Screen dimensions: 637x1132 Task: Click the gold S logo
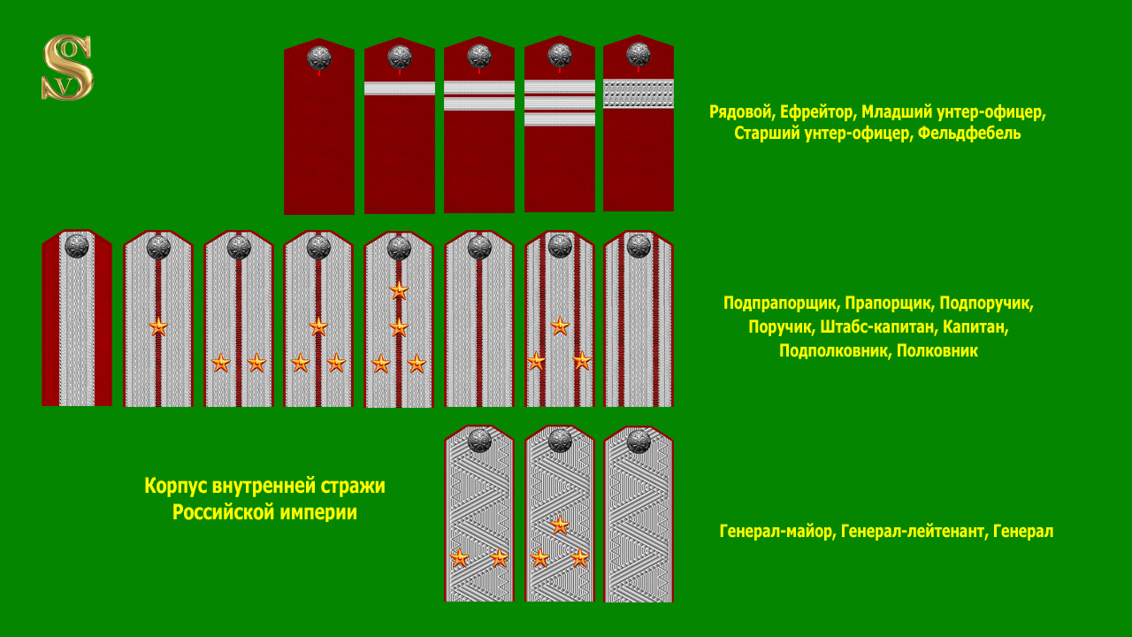tap(67, 67)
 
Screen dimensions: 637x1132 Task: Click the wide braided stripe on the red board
tap(639, 94)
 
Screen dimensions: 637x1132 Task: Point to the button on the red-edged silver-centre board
tap(77, 246)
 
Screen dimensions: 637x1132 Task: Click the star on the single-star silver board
tap(158, 326)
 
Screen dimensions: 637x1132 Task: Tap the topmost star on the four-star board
tap(399, 289)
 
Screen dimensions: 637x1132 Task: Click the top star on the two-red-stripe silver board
tap(560, 326)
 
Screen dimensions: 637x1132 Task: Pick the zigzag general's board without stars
tap(639, 522)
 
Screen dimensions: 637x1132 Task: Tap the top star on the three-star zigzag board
tap(560, 525)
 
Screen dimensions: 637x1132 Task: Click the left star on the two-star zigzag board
tap(459, 558)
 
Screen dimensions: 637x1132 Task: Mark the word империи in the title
tap(320, 512)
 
